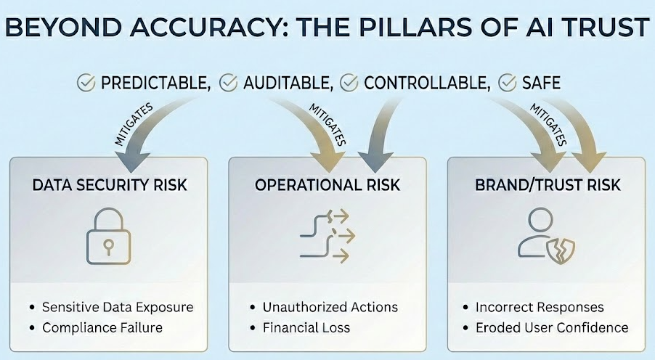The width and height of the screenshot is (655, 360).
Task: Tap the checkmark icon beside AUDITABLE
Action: pos(229,83)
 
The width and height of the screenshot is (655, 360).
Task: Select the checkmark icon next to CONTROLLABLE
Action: pos(349,83)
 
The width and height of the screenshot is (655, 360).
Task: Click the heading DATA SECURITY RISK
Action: pos(110,184)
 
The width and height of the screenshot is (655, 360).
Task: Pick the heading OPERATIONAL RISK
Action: pos(327,184)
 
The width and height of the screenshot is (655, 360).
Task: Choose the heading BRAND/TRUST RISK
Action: pos(548,184)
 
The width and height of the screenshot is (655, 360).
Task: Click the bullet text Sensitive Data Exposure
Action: pos(118,307)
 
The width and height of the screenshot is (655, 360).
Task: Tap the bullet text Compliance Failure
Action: pos(102,327)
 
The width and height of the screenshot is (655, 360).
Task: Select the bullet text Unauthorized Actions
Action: pos(330,307)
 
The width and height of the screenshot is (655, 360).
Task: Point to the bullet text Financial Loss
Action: pos(306,327)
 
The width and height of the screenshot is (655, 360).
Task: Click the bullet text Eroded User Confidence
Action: pos(552,327)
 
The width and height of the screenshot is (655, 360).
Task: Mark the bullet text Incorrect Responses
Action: pos(540,307)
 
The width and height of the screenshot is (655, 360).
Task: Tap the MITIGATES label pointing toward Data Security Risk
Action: pos(133,126)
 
